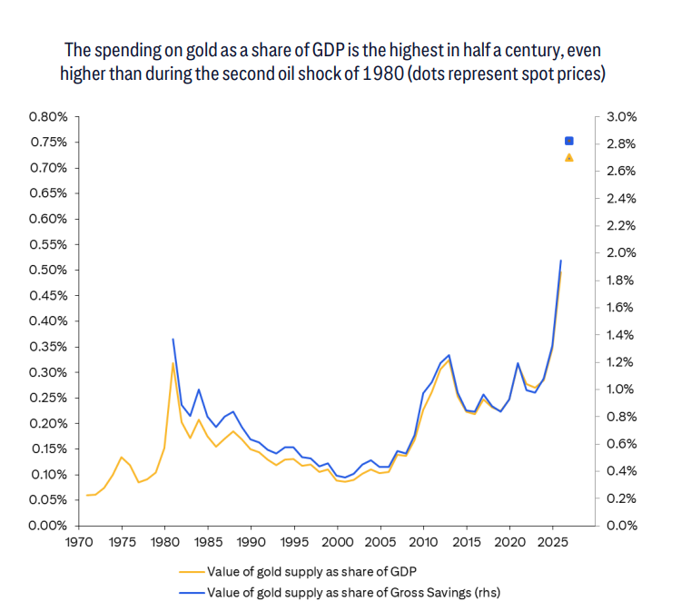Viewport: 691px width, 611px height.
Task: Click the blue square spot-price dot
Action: tap(569, 141)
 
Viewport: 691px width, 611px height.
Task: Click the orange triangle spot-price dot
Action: tap(569, 157)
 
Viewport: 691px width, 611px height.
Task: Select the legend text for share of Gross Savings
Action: tap(353, 593)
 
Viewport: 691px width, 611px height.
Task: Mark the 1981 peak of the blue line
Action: tap(173, 339)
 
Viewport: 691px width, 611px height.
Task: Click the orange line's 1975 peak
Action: tap(122, 457)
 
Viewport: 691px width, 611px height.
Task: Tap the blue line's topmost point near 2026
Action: tap(561, 261)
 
